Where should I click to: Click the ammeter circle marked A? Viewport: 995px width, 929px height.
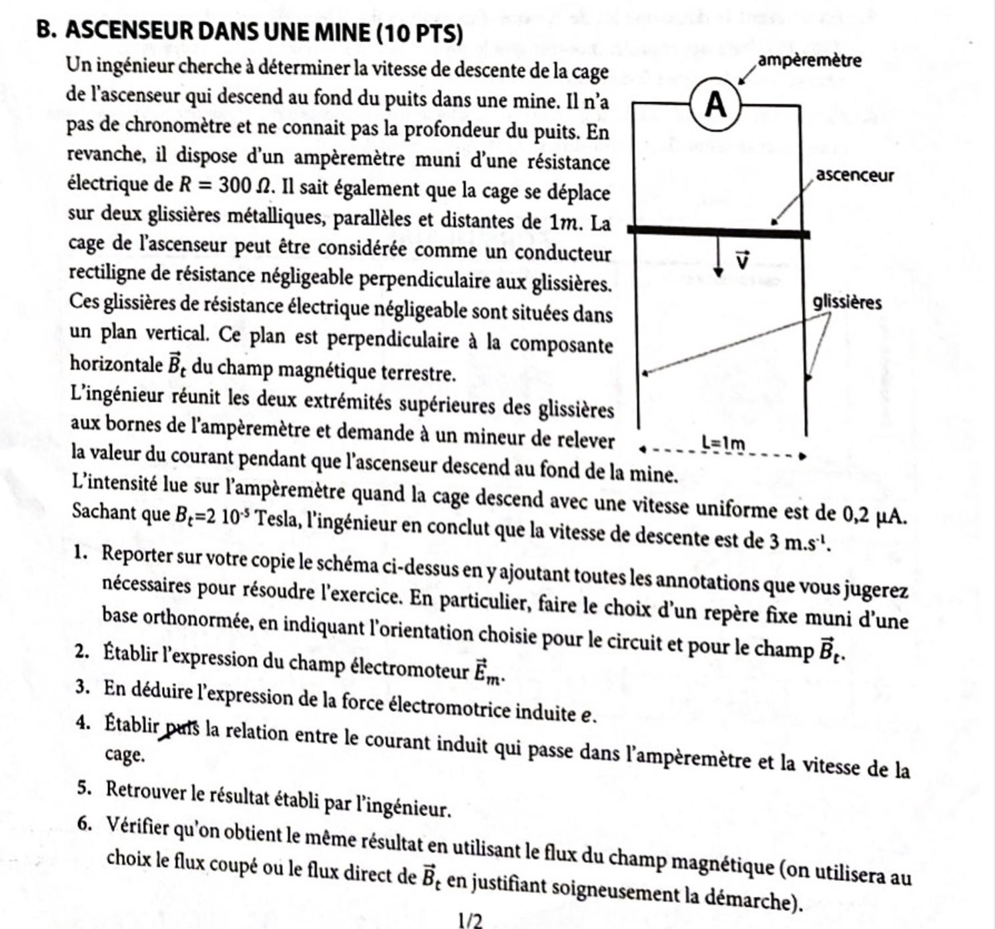pyautogui.click(x=716, y=105)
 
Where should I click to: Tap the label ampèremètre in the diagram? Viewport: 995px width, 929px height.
pyautogui.click(x=810, y=61)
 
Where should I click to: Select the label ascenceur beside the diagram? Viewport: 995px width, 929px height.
pyautogui.click(x=854, y=176)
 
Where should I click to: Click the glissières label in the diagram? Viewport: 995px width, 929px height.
pyautogui.click(x=847, y=303)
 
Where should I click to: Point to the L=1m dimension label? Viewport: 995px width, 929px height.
pyautogui.click(x=723, y=443)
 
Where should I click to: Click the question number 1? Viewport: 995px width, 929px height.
pyautogui.click(x=81, y=552)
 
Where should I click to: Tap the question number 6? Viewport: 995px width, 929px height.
pyautogui.click(x=84, y=824)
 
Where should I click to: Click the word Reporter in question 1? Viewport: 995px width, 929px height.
pyautogui.click(x=137, y=554)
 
